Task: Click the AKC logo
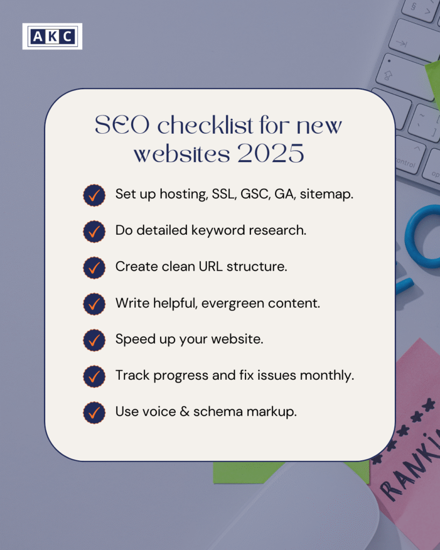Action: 52,36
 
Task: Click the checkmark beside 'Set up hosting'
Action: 94,195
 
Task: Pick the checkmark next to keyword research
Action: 94,231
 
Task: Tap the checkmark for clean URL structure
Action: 94,267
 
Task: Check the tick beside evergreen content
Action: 94,304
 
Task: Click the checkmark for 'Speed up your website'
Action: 94,340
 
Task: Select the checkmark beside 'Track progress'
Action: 94,377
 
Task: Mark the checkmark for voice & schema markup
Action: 94,412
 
